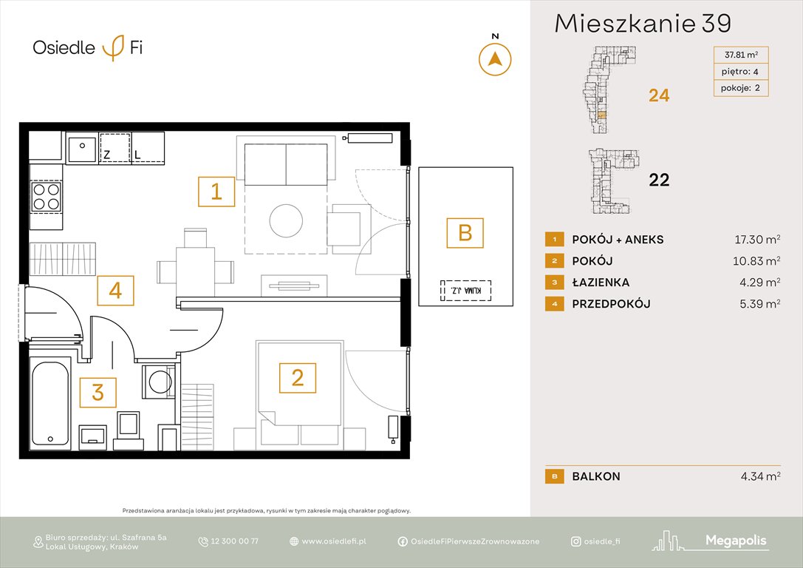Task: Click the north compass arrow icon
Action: tap(495, 59)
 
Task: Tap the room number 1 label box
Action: tap(216, 192)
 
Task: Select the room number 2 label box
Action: tap(297, 378)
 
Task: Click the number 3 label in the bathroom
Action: tap(98, 392)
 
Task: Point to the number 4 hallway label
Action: tap(115, 291)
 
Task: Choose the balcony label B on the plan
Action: tap(465, 233)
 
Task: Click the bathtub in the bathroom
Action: tap(50, 404)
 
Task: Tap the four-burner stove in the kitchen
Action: tap(47, 197)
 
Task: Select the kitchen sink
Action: tap(81, 149)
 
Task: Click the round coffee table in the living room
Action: tap(286, 220)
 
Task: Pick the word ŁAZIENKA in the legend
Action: tap(601, 283)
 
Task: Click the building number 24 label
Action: tap(658, 95)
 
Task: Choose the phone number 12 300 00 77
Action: tap(233, 541)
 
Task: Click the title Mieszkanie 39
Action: tap(642, 24)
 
